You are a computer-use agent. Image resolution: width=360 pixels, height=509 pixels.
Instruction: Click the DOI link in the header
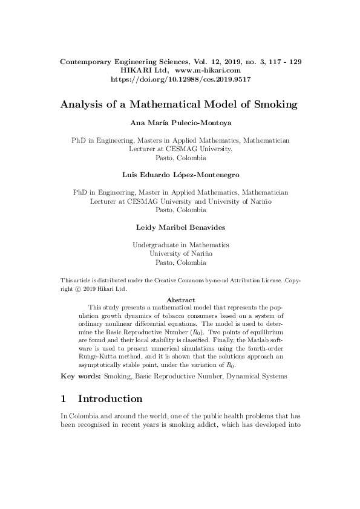coord(182,79)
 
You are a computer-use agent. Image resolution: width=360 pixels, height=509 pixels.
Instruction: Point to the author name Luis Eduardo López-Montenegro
coord(181,175)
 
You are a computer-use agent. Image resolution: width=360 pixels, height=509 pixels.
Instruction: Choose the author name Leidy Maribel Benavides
coord(181,228)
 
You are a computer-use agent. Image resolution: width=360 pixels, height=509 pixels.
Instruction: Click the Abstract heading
coord(180,300)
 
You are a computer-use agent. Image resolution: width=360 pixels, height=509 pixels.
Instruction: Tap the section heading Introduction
coord(110,399)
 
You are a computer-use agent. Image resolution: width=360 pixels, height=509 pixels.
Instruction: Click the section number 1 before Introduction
coord(64,399)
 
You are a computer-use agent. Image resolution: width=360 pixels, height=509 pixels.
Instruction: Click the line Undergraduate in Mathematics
coord(181,245)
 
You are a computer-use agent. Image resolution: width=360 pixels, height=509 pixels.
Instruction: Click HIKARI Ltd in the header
coord(147,71)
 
